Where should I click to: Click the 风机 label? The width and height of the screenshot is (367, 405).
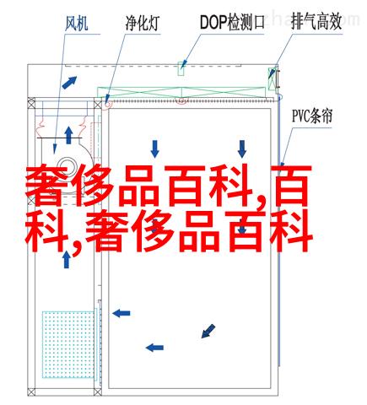[x=77, y=23]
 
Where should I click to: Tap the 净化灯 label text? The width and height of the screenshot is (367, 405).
[x=143, y=23]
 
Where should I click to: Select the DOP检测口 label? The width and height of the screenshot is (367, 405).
[x=232, y=23]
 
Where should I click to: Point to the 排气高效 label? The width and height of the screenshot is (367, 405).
[x=316, y=21]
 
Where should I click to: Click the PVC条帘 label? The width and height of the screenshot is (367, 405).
[x=312, y=116]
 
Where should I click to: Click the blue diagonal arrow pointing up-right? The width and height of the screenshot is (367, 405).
[x=69, y=83]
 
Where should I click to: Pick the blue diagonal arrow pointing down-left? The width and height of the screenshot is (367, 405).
[x=208, y=331]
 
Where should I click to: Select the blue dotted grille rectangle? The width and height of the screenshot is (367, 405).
[x=68, y=344]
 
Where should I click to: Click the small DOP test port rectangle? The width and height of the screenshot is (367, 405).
[x=181, y=68]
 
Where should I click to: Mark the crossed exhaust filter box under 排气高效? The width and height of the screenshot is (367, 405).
[x=272, y=78]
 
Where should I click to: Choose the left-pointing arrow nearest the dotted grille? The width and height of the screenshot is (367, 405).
[x=121, y=313]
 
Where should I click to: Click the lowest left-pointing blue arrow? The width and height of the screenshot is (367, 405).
[x=154, y=348]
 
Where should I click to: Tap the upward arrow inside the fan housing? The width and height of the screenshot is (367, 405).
[x=68, y=135]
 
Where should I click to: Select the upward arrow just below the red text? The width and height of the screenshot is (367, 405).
[x=67, y=259]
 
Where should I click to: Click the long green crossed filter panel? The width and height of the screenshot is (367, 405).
[x=181, y=93]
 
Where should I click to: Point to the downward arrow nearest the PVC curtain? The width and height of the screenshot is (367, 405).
[x=242, y=149]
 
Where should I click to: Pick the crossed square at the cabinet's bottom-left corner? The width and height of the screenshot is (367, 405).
[x=31, y=391]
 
